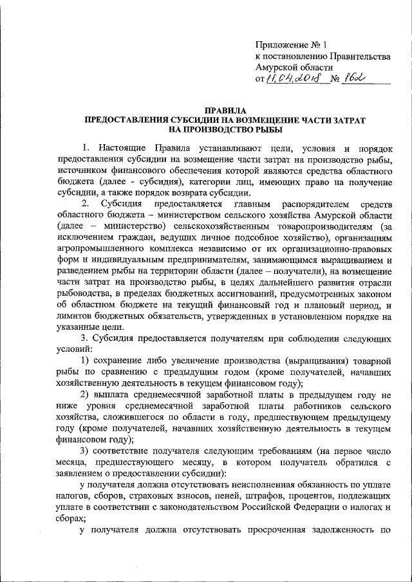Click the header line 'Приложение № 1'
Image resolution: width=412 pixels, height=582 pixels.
point(292,45)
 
